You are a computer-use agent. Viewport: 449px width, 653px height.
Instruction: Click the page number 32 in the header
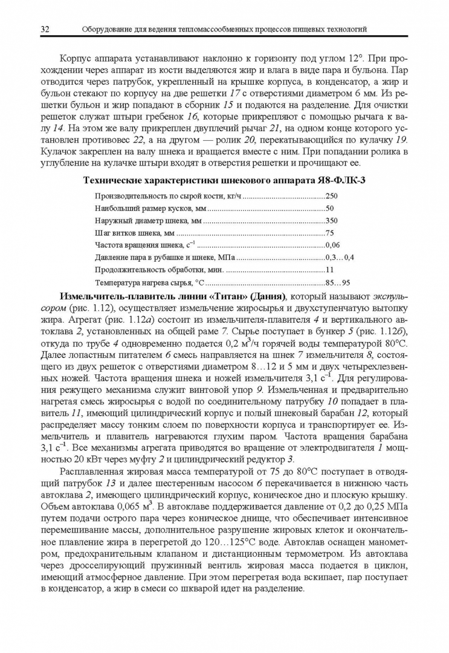(x=45, y=29)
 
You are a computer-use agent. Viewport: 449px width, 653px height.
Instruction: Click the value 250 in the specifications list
(x=332, y=195)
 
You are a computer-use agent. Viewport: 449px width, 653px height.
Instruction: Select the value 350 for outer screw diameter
(x=332, y=220)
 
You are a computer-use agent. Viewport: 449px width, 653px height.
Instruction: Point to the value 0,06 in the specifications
(x=333, y=245)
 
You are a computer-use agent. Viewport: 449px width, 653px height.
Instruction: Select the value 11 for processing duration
(x=329, y=270)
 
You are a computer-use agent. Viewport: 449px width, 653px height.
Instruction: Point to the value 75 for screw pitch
(x=329, y=233)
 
